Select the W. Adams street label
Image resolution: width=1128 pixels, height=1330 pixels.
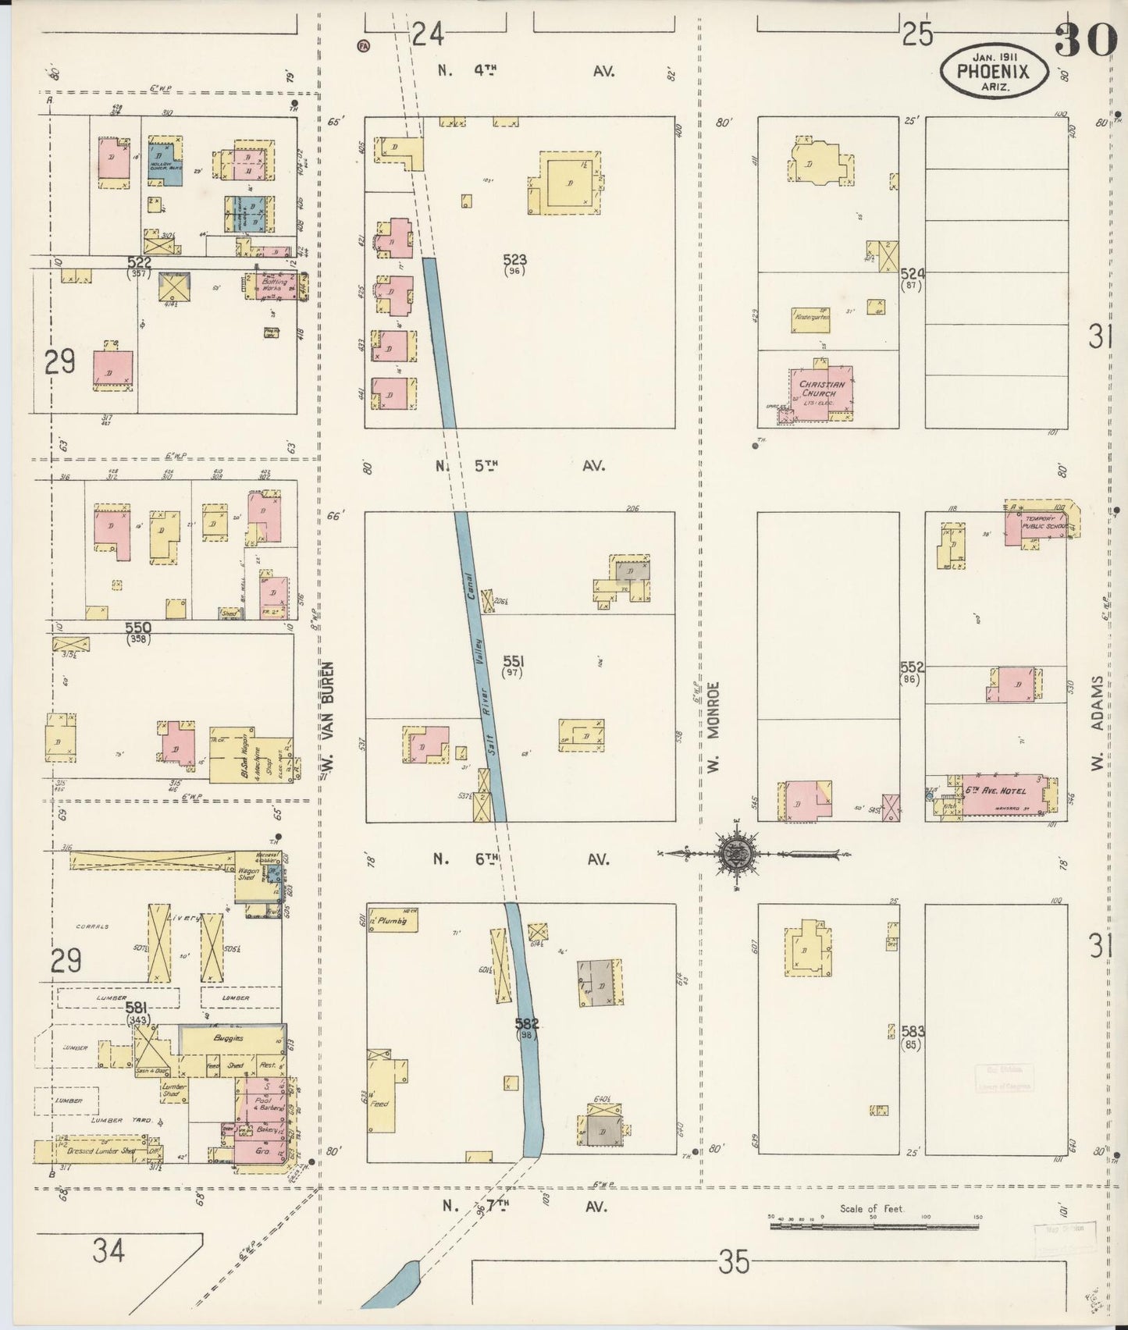click(x=1097, y=722)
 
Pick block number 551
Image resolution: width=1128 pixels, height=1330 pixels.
click(x=513, y=663)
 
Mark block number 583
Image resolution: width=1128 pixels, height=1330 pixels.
click(x=911, y=1030)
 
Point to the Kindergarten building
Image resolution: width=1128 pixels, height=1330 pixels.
click(x=811, y=318)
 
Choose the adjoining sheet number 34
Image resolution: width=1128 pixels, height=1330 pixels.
click(x=108, y=1251)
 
